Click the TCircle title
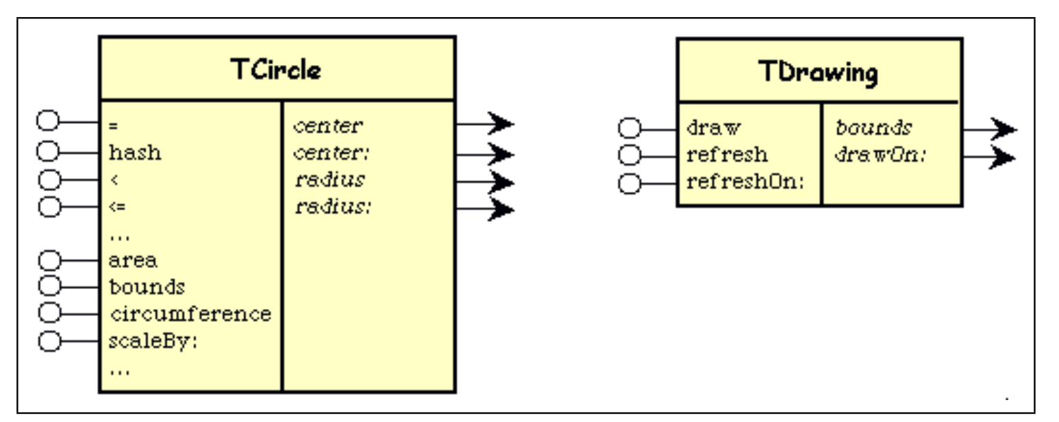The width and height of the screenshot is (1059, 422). (x=275, y=69)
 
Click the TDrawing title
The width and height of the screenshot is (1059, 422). (x=818, y=72)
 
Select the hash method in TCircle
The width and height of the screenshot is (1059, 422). (x=135, y=152)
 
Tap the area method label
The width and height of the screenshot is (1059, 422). (x=133, y=260)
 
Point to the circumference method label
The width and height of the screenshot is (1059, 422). (x=190, y=314)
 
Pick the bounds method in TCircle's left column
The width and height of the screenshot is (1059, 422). (x=147, y=286)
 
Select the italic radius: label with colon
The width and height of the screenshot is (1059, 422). (x=333, y=208)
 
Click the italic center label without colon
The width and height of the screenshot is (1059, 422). (x=328, y=126)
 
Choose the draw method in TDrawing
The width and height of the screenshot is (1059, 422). (x=713, y=128)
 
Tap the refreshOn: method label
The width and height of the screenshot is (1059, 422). (x=745, y=183)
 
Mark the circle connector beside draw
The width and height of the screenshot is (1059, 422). (x=630, y=128)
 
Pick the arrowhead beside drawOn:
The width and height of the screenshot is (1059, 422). (x=1003, y=158)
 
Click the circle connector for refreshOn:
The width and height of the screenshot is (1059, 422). (x=630, y=184)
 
